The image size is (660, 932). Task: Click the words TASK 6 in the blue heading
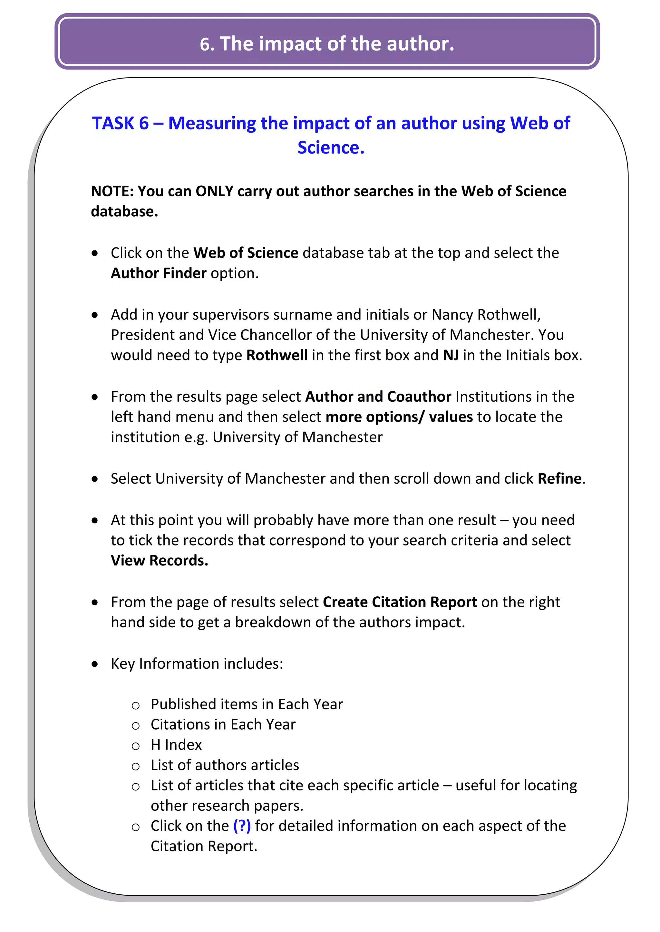tap(120, 123)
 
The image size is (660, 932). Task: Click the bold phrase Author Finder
tap(159, 273)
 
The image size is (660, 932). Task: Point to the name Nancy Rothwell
tap(485, 315)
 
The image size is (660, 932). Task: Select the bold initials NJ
tap(451, 355)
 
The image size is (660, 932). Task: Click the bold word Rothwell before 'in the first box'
tap(277, 355)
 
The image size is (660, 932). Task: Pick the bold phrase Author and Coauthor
tap(378, 396)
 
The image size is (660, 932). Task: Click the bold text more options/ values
tap(399, 417)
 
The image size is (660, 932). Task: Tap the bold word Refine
tap(559, 479)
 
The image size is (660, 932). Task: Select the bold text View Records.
tap(159, 561)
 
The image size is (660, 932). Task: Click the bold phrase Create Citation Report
tap(400, 602)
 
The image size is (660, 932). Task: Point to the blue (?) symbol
tap(242, 826)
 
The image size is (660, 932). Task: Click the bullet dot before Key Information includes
tap(95, 664)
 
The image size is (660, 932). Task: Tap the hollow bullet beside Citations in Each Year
tap(136, 725)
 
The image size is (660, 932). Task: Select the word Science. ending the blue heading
tap(331, 148)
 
